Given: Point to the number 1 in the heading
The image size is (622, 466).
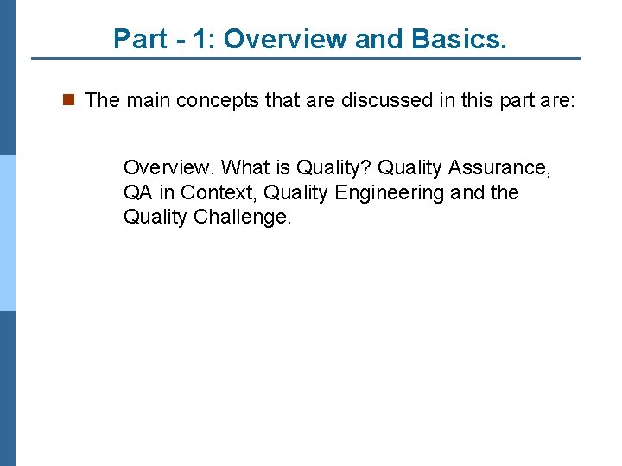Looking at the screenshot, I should (x=198, y=39).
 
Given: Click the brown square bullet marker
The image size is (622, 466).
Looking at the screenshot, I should (x=69, y=100).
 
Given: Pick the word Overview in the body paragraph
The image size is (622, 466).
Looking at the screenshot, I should (x=169, y=167).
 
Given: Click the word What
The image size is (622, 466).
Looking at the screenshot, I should (x=246, y=167).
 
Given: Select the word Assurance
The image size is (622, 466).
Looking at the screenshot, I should (x=499, y=167).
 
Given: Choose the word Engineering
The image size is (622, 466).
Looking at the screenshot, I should (x=389, y=193).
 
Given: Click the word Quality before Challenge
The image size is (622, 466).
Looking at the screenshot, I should (x=155, y=217).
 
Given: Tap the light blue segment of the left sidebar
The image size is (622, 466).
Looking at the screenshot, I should (x=7, y=233).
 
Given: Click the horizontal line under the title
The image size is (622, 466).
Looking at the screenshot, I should (x=306, y=59).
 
